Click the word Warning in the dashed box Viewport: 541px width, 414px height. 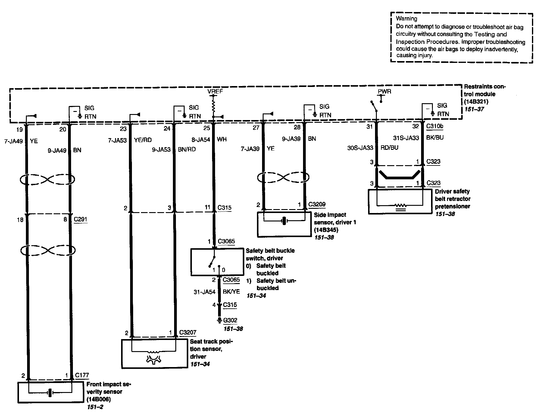[x=406, y=19]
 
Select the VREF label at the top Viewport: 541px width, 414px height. [x=215, y=91]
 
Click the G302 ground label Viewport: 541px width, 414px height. [x=230, y=320]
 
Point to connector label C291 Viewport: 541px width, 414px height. [x=80, y=219]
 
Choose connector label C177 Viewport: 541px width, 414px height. [x=82, y=375]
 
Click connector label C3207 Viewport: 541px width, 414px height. [x=188, y=332]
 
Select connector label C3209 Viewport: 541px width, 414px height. [x=317, y=204]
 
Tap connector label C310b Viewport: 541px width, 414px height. [x=435, y=126]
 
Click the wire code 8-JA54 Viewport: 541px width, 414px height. [x=201, y=139]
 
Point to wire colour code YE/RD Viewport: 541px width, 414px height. [x=142, y=140]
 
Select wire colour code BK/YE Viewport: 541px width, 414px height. [x=231, y=292]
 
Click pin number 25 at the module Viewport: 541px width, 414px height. [x=207, y=128]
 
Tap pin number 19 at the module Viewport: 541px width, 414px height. [x=19, y=130]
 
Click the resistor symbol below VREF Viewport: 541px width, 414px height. [x=214, y=106]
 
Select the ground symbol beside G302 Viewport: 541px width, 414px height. [x=219, y=320]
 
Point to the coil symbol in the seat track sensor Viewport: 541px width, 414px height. [x=154, y=352]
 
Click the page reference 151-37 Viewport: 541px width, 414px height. [x=474, y=109]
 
